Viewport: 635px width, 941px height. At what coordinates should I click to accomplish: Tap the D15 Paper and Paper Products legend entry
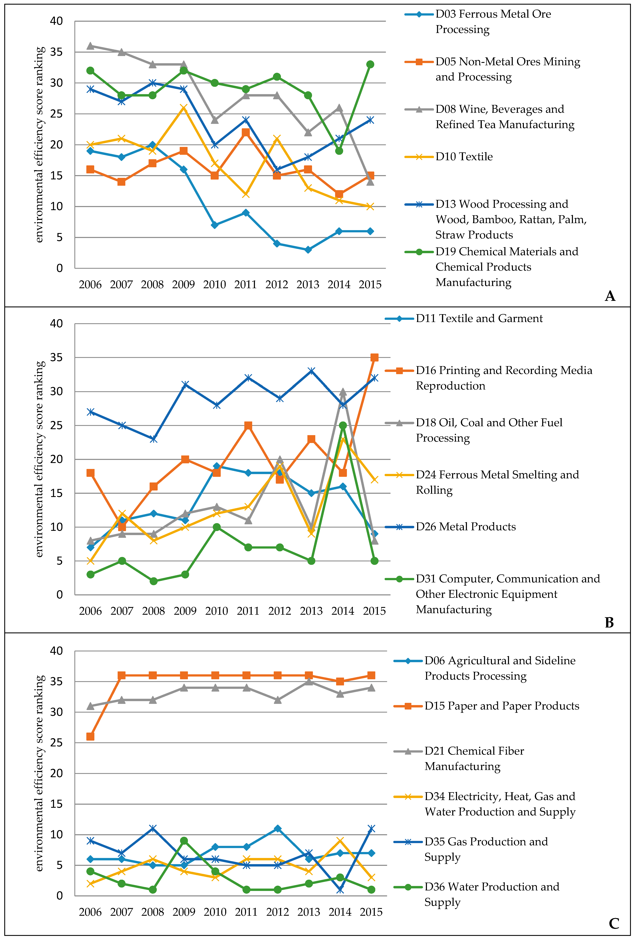501,706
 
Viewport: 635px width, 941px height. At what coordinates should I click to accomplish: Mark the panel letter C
613,924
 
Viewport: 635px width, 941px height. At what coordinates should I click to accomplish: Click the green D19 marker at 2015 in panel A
370,64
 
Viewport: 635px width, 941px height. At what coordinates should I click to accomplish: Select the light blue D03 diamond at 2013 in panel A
308,250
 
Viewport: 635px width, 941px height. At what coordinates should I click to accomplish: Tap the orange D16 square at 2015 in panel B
374,358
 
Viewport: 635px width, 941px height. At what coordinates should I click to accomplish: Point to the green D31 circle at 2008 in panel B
154,581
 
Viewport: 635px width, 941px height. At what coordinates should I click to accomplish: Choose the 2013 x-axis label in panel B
311,611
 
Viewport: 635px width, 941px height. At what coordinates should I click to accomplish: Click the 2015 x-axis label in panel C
371,912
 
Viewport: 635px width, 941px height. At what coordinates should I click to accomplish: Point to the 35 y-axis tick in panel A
56,52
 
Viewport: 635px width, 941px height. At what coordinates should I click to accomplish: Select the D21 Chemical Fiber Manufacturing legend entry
474,759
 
